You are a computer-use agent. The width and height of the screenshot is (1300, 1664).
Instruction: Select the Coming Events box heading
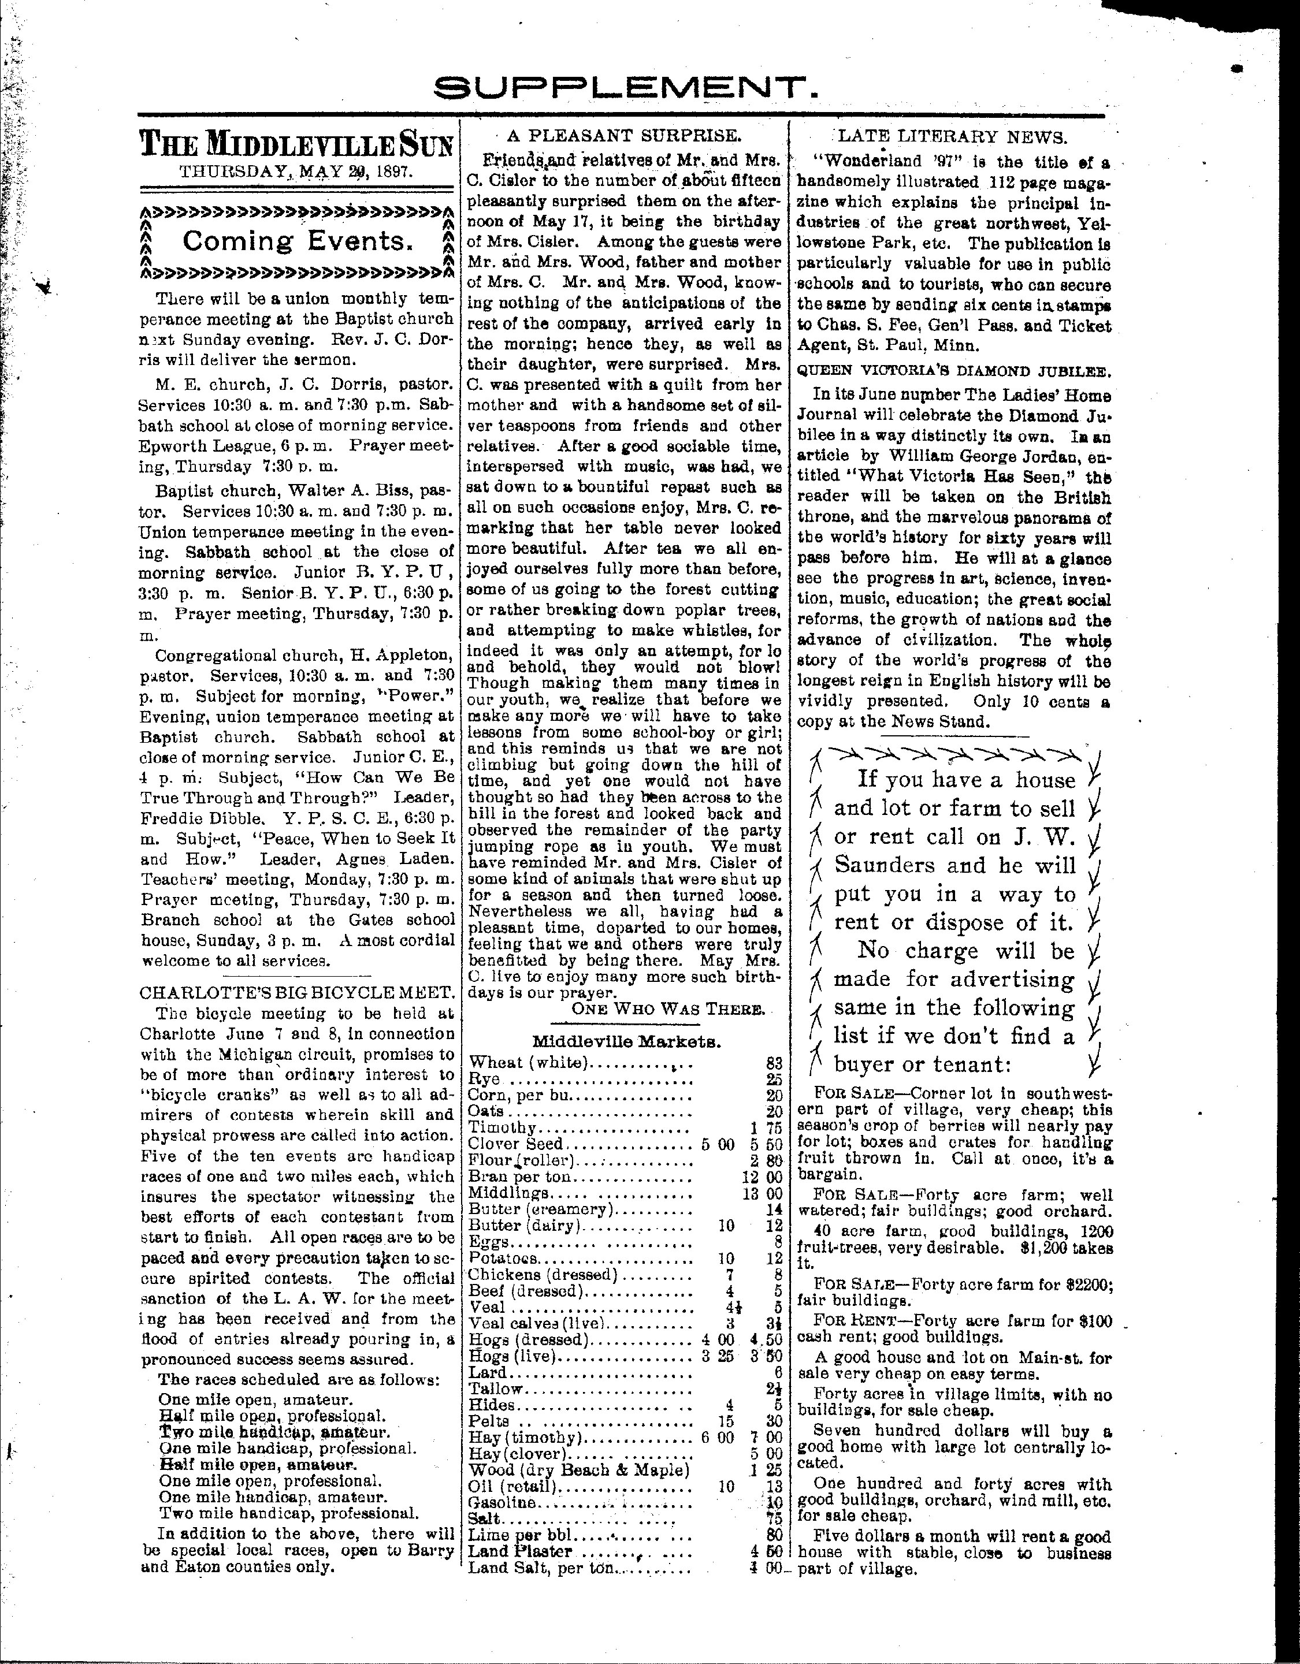296,241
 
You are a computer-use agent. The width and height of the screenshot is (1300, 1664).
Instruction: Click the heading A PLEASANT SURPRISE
624,136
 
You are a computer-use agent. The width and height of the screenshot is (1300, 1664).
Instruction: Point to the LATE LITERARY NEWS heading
953,137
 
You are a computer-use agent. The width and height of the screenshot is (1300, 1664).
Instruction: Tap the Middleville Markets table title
626,1041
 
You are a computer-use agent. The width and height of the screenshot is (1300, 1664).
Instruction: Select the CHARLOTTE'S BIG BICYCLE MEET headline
297,993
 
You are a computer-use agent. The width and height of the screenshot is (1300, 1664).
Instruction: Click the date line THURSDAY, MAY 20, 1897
296,172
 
